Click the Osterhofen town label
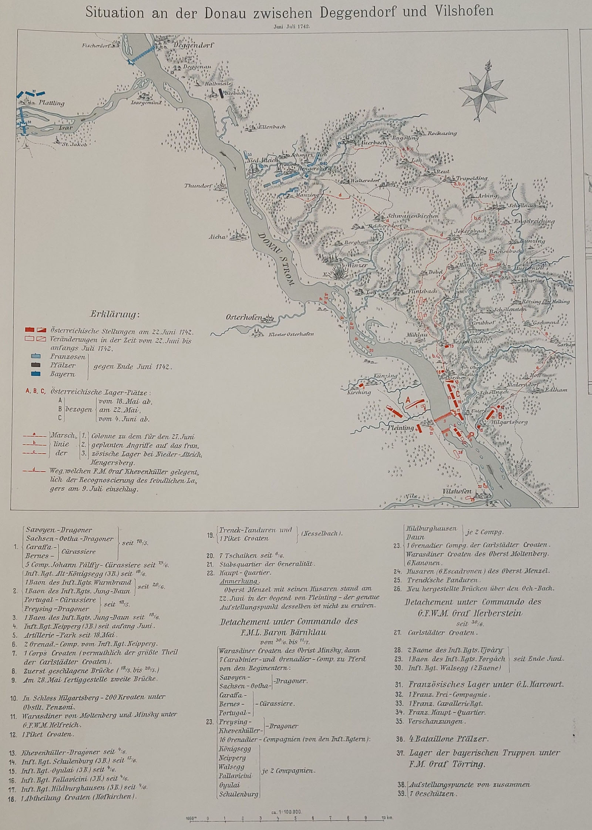tap(243, 318)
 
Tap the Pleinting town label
tap(400, 428)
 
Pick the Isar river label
tap(65, 128)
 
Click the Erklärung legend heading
tap(115, 315)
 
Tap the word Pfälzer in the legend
tap(63, 365)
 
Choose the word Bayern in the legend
tap(63, 374)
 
